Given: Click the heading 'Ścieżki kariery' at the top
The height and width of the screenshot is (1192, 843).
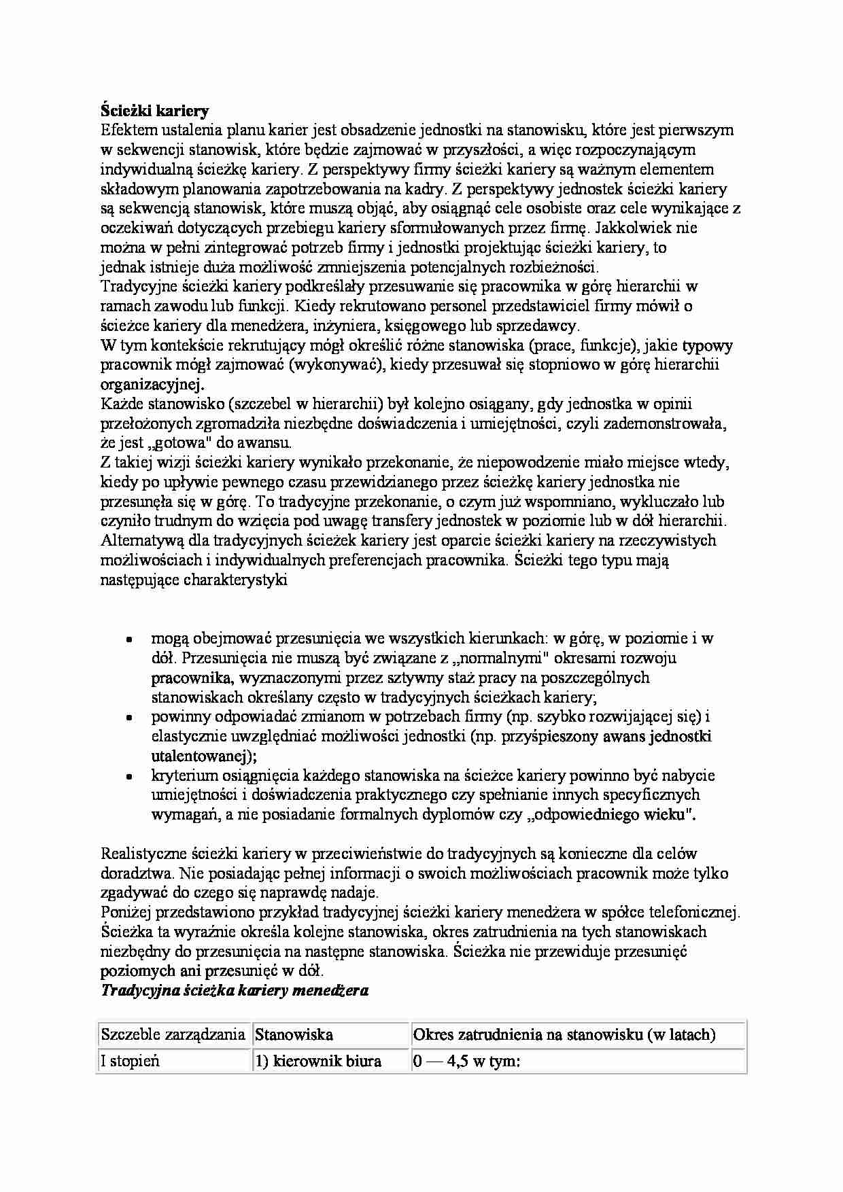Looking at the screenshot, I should click(154, 110).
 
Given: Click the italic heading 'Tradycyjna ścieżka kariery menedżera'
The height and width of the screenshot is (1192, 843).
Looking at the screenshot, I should click(235, 990).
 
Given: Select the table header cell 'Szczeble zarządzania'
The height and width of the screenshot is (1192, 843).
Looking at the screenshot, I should click(173, 1035).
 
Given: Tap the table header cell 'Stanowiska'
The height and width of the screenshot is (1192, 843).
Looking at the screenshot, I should click(294, 1035).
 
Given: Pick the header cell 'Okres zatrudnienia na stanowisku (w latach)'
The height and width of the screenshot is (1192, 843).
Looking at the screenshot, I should click(564, 1035).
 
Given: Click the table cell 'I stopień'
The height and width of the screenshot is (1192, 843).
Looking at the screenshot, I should click(130, 1061).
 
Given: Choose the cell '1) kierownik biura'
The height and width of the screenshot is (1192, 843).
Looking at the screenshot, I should click(317, 1061).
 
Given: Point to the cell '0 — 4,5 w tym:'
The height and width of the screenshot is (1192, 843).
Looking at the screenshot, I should click(466, 1061).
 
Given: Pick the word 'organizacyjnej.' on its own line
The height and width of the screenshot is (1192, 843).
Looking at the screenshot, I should click(152, 385).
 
